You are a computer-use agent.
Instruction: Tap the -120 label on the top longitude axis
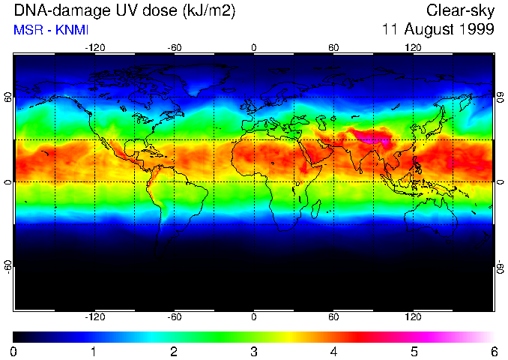coord(94,48)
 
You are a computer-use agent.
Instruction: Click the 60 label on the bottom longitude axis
coord(333,317)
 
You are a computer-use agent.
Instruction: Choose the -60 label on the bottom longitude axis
coord(175,317)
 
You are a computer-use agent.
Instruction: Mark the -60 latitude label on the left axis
coord(7,266)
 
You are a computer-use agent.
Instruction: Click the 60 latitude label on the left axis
coord(7,98)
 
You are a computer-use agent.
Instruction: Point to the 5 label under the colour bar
coord(414,351)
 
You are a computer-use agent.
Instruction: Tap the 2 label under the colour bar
coord(174,351)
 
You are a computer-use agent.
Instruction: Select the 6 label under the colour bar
coord(493,351)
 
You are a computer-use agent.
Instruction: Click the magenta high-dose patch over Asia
coord(371,136)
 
